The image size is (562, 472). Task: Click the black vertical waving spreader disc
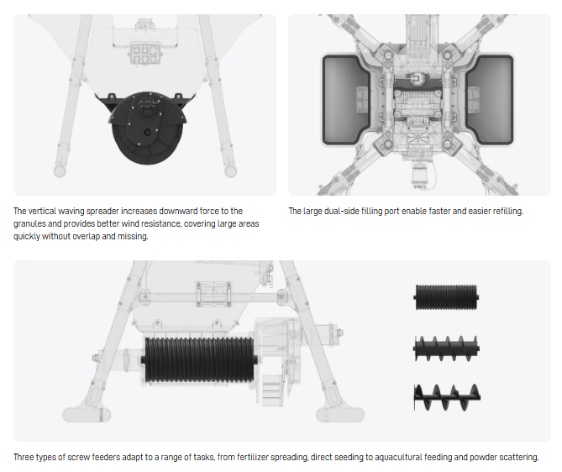(147, 129)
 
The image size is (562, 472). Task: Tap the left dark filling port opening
(345, 99)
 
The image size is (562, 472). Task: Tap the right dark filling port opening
(490, 99)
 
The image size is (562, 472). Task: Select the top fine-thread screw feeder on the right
(446, 297)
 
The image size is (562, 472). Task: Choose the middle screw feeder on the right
(446, 348)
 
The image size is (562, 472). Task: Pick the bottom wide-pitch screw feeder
(447, 397)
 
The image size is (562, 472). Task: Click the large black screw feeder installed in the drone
(199, 359)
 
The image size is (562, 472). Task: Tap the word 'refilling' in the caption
(508, 211)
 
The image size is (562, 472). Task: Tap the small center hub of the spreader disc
(147, 133)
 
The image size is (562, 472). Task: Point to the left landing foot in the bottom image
(87, 415)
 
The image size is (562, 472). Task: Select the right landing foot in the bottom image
(340, 415)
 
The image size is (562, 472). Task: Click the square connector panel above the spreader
(144, 54)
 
